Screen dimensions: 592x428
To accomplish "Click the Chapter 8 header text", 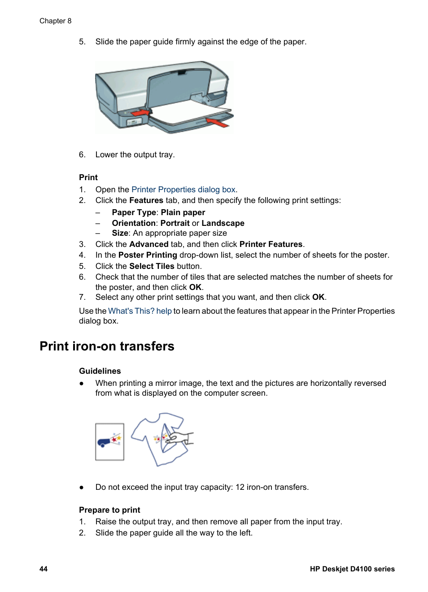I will (x=55, y=21).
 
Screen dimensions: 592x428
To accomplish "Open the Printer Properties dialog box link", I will (x=183, y=190).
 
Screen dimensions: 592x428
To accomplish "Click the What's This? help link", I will (x=140, y=311).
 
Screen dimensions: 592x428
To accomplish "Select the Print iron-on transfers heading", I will (x=107, y=346).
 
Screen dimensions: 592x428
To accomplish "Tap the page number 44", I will (x=44, y=569).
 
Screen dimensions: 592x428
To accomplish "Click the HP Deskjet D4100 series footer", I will (x=352, y=569).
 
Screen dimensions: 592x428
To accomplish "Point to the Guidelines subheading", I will (x=100, y=371).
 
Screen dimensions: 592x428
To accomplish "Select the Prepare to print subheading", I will (x=109, y=510).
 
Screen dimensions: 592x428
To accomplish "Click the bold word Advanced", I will (x=148, y=244).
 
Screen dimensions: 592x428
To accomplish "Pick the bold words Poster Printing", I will (x=148, y=255).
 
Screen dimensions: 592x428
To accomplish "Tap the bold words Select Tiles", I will (x=152, y=266).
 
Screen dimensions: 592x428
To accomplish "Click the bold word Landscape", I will (x=223, y=223).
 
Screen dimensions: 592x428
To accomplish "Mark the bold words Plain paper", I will (x=183, y=212).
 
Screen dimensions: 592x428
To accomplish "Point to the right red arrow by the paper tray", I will (x=218, y=122).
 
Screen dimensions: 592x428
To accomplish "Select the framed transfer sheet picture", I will (x=109, y=441).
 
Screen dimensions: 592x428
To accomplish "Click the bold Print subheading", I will (x=88, y=177).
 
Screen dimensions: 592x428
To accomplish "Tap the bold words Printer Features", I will (x=271, y=244).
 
